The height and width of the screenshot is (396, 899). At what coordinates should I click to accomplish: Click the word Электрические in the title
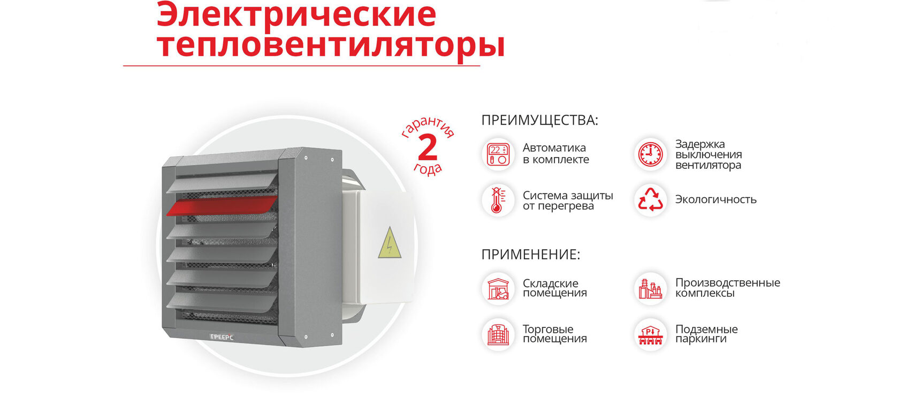(x=296, y=14)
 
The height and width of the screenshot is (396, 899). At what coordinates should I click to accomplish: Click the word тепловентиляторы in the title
(x=331, y=46)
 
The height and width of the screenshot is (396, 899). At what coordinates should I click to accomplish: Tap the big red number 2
(x=428, y=147)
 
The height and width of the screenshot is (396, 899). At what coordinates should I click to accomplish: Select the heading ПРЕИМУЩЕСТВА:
(x=540, y=120)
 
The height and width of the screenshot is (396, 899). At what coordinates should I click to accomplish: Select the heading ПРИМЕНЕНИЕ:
(x=531, y=255)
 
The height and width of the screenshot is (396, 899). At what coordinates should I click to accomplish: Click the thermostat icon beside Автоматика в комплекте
(x=498, y=154)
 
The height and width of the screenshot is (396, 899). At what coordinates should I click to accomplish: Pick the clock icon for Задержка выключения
(x=651, y=154)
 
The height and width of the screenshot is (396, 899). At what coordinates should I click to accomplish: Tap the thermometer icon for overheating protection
(x=498, y=200)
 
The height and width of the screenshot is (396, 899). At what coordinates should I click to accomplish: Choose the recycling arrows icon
(x=651, y=200)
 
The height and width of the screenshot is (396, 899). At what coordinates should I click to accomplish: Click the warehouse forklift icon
(x=498, y=289)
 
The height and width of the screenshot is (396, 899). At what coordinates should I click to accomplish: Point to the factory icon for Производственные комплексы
(x=651, y=289)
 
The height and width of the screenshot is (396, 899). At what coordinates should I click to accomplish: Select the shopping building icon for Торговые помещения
(x=498, y=334)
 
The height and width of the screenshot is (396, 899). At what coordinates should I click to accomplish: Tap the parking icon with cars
(x=651, y=334)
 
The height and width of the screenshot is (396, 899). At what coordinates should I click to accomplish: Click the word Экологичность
(x=715, y=199)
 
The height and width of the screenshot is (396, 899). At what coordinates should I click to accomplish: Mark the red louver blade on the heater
(x=222, y=205)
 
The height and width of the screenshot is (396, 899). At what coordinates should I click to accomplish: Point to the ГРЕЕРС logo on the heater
(x=222, y=337)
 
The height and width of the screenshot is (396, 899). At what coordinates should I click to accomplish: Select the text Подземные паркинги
(x=706, y=334)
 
